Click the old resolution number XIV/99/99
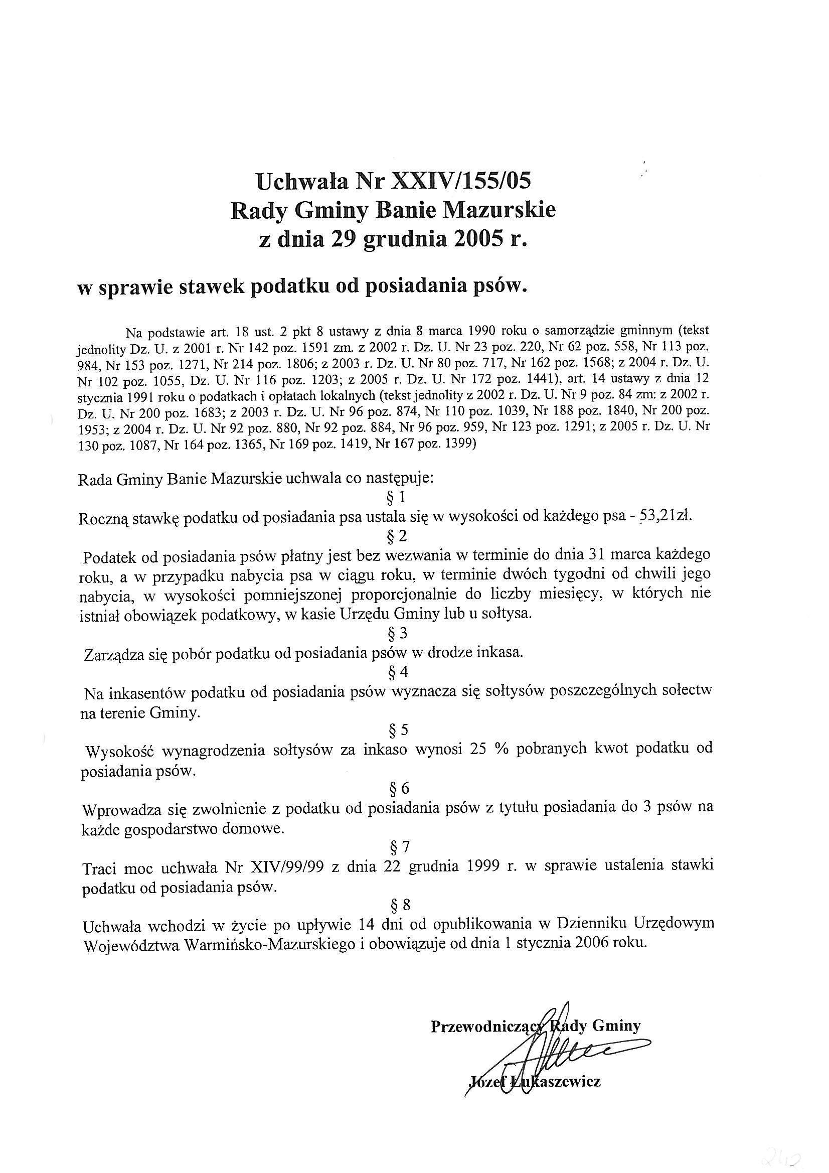click(x=289, y=867)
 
